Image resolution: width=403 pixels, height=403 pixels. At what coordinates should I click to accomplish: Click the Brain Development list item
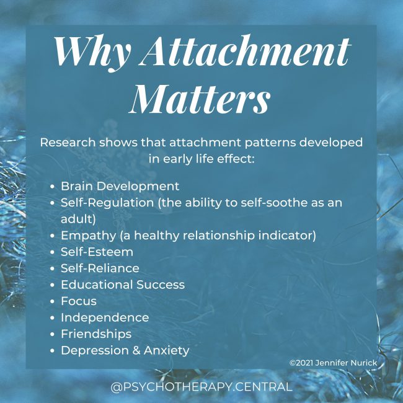(120, 186)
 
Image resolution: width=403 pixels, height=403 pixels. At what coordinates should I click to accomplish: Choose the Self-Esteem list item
(97, 252)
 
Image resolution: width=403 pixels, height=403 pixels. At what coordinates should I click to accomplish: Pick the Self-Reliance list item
(100, 268)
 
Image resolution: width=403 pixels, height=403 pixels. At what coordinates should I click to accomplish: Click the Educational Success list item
(122, 285)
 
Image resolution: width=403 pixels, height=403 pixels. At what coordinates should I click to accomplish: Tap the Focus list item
(78, 301)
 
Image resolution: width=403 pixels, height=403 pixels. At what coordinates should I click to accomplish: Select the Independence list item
(105, 317)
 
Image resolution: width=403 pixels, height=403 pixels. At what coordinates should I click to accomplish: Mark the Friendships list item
(95, 334)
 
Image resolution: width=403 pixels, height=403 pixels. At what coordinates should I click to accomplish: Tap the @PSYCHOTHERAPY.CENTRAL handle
(201, 387)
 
